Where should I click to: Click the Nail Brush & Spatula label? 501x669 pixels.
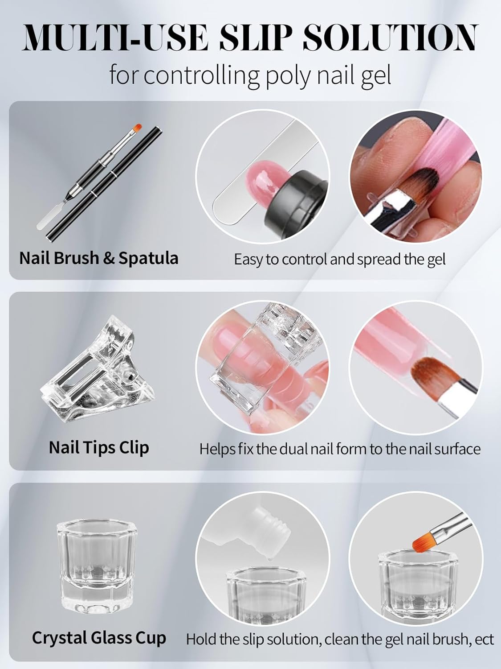tap(99, 258)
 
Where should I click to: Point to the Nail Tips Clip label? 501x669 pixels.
tap(99, 447)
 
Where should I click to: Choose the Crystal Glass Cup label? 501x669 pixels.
tap(99, 638)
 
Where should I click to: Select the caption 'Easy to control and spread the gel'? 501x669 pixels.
tap(340, 260)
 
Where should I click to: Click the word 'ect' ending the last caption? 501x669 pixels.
tap(485, 640)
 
